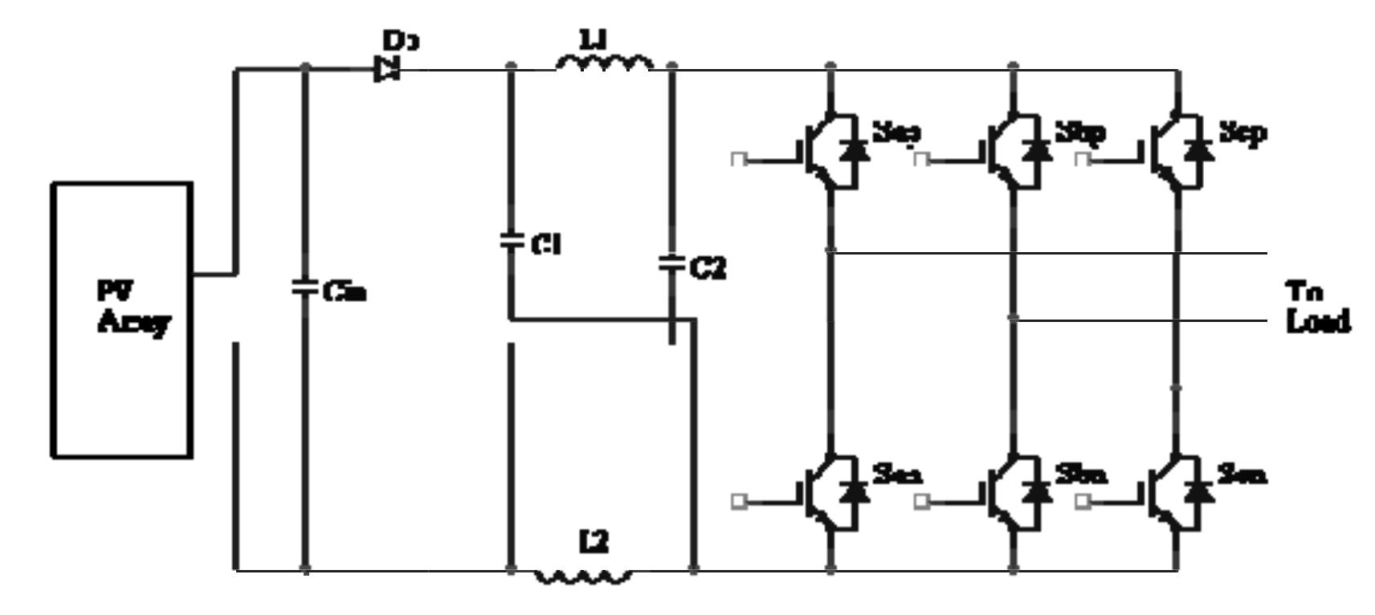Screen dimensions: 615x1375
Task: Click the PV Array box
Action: (x=122, y=320)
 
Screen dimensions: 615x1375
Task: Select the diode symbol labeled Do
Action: (x=388, y=70)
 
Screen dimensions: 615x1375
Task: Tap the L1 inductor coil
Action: (x=604, y=63)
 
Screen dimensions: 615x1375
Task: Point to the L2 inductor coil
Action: (x=583, y=576)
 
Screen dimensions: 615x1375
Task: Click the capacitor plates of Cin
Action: (x=304, y=287)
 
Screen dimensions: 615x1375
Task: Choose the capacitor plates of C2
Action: (x=671, y=263)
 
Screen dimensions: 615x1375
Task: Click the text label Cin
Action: (x=345, y=292)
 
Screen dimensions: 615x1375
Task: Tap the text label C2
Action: (x=708, y=269)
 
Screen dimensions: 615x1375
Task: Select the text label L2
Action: (x=594, y=544)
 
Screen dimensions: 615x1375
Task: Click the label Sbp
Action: (x=1079, y=132)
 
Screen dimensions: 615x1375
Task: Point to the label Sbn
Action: (x=1081, y=475)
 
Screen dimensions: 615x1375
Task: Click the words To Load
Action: (x=1317, y=307)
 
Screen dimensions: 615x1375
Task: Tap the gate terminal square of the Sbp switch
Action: (x=922, y=160)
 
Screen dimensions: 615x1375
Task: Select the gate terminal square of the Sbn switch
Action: (x=922, y=502)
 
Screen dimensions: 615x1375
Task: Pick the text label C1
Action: (x=546, y=244)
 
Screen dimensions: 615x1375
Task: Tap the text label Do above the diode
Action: (x=401, y=39)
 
